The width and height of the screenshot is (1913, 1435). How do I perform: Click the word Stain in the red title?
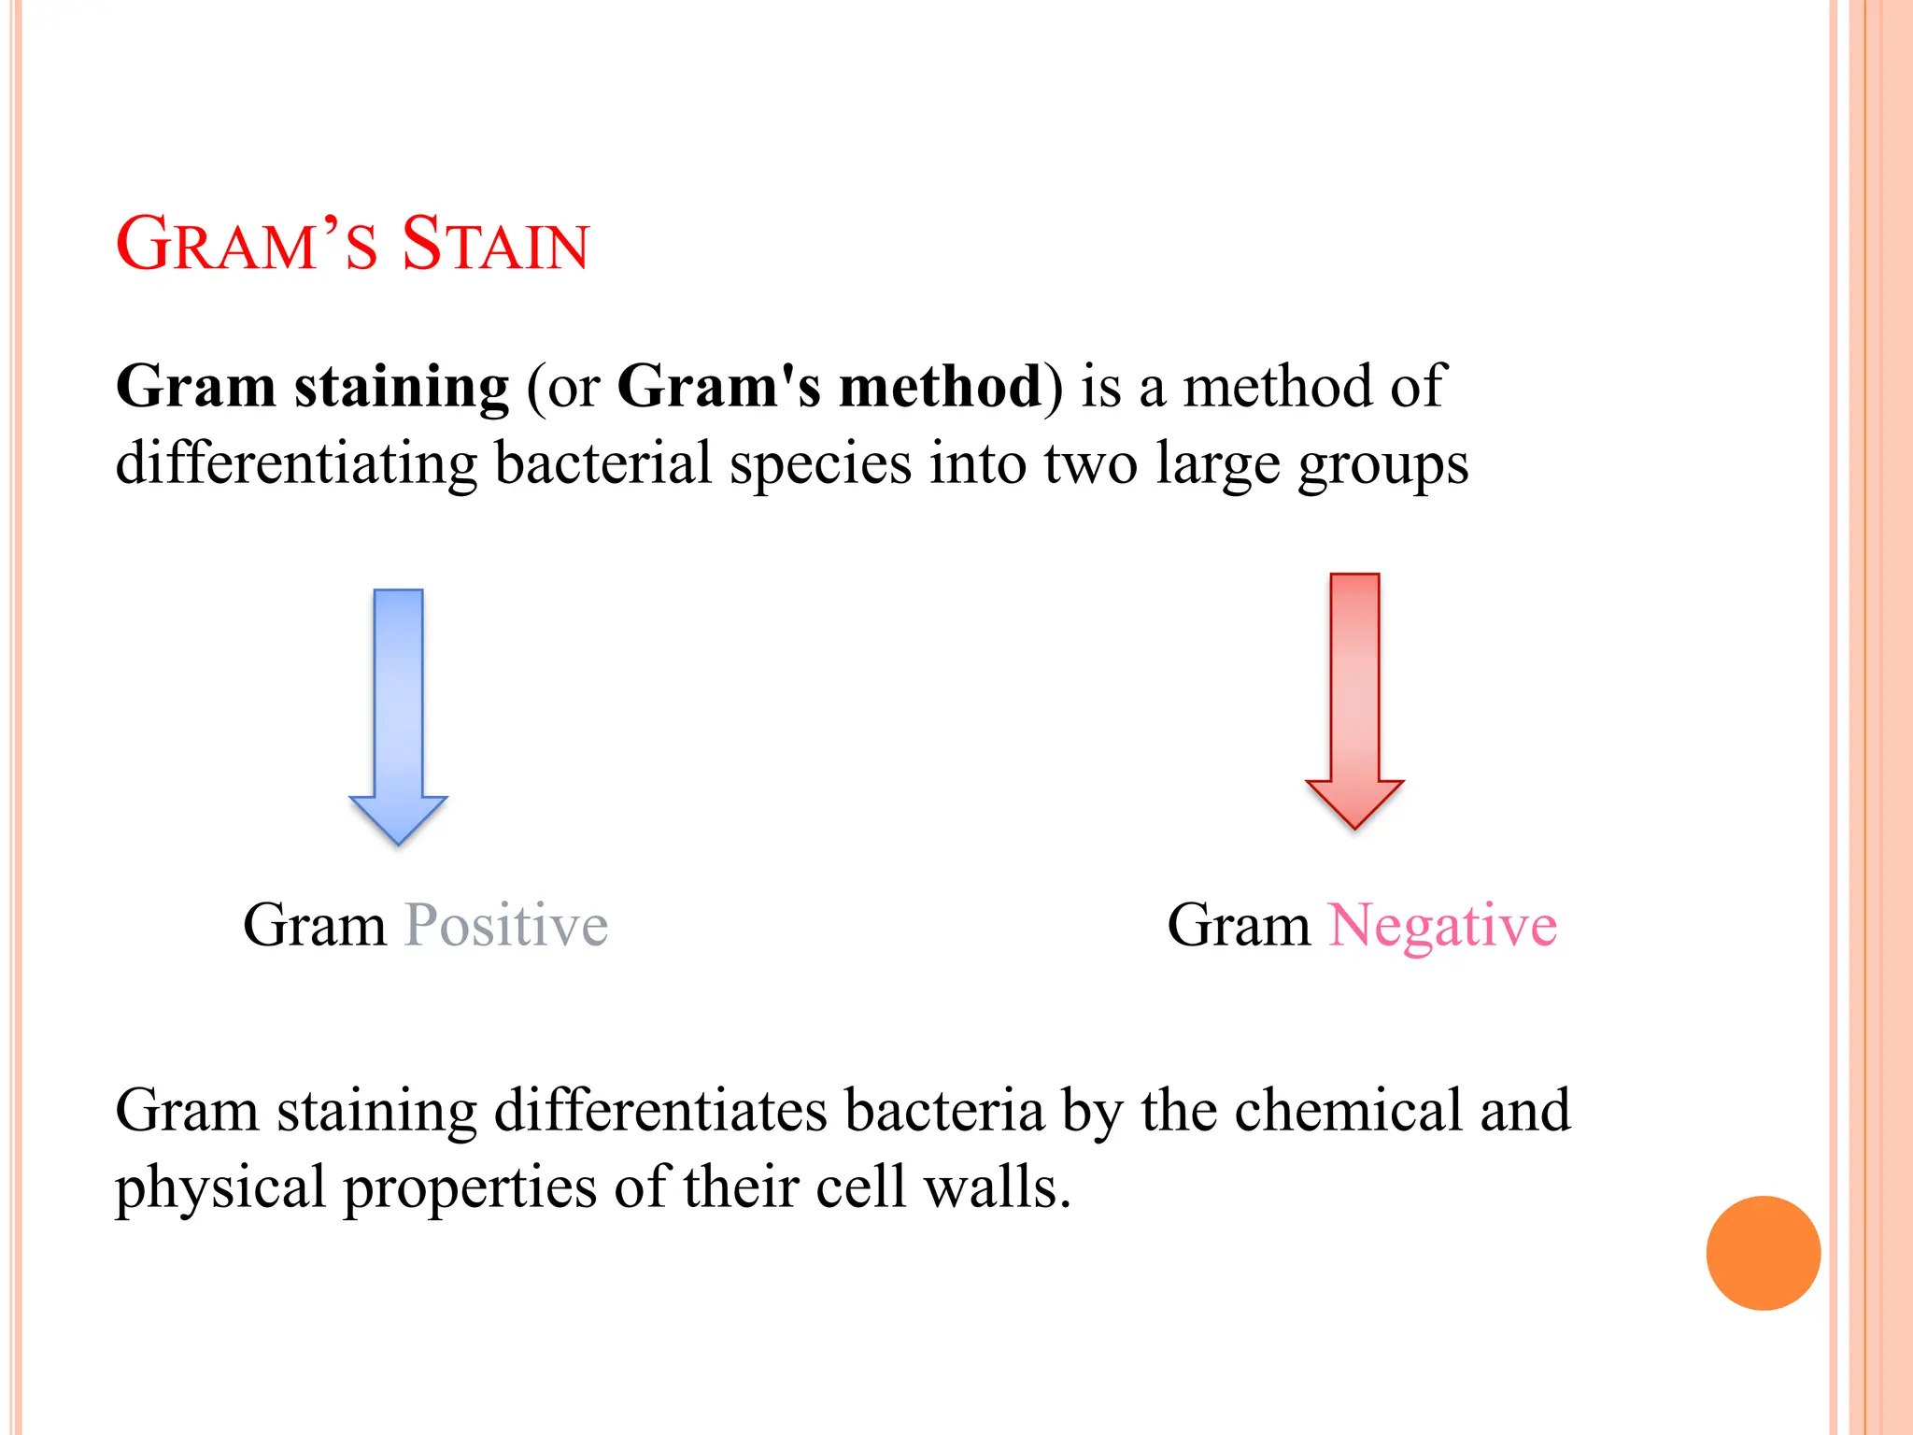pyautogui.click(x=495, y=245)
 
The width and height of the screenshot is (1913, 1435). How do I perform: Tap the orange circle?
pyautogui.click(x=1763, y=1253)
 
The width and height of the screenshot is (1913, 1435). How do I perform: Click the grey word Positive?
pyautogui.click(x=505, y=926)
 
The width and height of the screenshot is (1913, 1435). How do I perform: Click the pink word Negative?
pyautogui.click(x=1442, y=926)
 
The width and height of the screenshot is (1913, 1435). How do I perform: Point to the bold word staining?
pyautogui.click(x=402, y=388)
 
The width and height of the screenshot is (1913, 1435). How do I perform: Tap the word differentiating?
pyautogui.click(x=296, y=464)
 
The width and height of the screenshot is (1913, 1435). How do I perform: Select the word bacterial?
pyautogui.click(x=603, y=464)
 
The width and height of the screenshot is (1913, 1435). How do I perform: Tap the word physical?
pyautogui.click(x=220, y=1189)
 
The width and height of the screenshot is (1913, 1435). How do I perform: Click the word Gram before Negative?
pyautogui.click(x=1239, y=926)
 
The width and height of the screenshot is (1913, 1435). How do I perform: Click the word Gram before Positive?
pyautogui.click(x=314, y=926)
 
